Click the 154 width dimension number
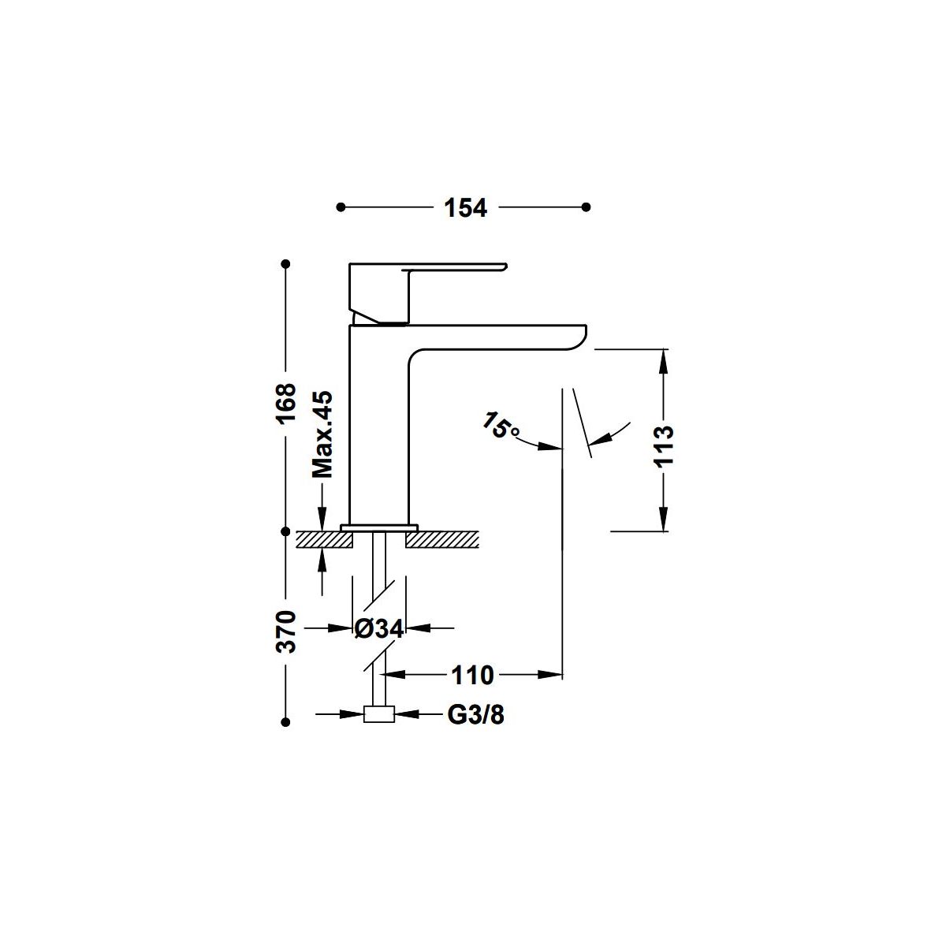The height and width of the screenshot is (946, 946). click(x=465, y=207)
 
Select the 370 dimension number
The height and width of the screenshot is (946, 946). click(x=286, y=631)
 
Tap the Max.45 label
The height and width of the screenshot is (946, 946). click(x=322, y=434)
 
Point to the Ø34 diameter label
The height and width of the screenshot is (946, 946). click(x=378, y=628)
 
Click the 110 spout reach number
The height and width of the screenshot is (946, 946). click(x=472, y=676)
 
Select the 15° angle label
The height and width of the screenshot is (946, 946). click(x=501, y=425)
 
